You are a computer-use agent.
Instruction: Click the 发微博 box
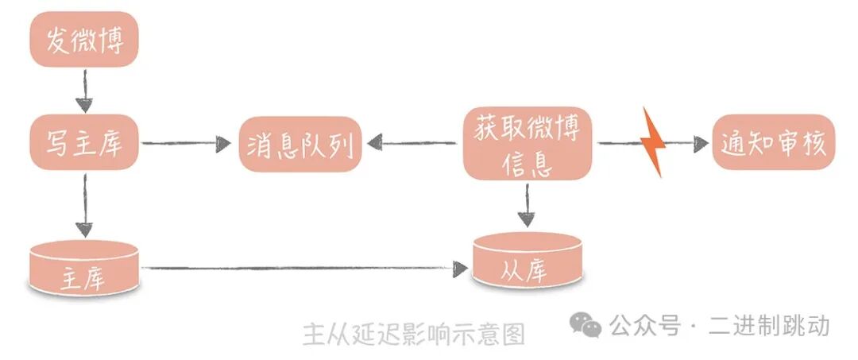pos(85,41)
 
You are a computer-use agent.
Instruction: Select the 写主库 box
pos(85,144)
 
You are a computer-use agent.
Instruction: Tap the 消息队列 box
pos(300,144)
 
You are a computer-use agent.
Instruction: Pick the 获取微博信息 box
pos(528,144)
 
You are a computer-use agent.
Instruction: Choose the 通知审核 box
pos(774,143)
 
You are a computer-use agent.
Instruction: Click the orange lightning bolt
pos(653,142)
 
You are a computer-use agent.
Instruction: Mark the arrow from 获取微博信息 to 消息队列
pos(412,144)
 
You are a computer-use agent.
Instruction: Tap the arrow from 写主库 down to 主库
pos(84,206)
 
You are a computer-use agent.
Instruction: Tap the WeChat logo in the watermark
pos(587,324)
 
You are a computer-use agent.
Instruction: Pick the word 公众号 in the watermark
pos(645,325)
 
